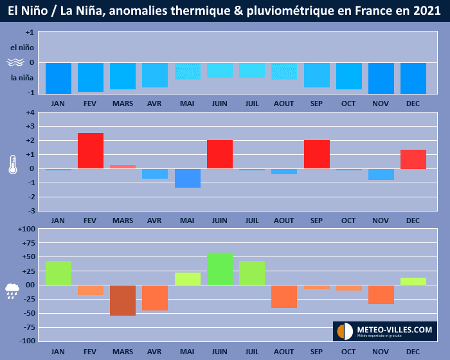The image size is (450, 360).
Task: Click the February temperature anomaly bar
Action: point(91,151)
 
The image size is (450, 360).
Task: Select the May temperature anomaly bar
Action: point(187,178)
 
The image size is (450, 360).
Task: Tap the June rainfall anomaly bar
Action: point(220,269)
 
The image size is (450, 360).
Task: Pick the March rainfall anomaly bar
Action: point(123,300)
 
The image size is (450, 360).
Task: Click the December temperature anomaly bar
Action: point(413,159)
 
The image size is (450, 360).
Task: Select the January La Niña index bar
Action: point(59,78)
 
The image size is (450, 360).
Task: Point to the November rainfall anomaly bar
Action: point(381,294)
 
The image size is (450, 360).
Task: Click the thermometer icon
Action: point(13,164)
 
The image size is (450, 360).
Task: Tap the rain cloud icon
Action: point(13,291)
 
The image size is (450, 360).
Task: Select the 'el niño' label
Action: point(22,48)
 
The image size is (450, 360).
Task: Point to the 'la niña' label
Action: point(22,78)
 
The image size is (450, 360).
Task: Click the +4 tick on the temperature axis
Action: point(30,113)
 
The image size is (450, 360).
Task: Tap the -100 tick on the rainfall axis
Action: point(26,341)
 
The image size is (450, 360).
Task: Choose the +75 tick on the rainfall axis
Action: point(28,243)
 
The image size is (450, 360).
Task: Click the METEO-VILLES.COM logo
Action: point(384,331)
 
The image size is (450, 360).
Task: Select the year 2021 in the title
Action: point(427,11)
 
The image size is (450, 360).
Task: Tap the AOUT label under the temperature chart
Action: point(284,221)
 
